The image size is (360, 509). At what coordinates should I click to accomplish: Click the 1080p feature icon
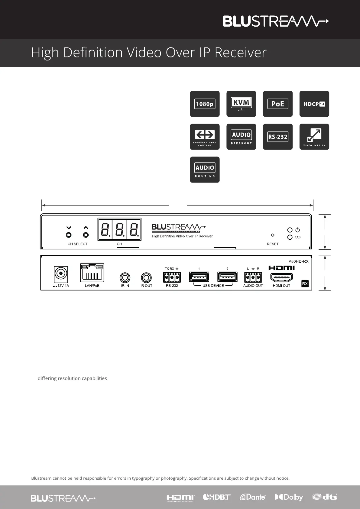205,104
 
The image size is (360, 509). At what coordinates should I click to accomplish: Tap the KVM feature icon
241,104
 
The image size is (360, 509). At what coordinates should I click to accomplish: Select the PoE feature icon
278,104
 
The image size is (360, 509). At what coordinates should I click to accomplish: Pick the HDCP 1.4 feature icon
314,104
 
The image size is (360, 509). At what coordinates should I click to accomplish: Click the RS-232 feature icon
278,137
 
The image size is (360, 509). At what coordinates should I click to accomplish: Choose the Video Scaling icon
314,137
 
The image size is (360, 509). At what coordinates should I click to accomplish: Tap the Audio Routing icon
205,170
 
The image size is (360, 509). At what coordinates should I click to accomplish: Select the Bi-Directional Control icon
205,137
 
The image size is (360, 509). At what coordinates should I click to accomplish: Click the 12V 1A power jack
61,274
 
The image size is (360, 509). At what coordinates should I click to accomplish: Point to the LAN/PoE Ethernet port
92,273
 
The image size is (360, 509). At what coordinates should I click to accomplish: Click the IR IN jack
125,277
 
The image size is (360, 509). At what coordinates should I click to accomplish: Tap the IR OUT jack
146,277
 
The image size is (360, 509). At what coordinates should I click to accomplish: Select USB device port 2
227,277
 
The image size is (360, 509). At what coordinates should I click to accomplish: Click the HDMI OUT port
281,277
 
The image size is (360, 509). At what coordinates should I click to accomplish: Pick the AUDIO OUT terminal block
253,277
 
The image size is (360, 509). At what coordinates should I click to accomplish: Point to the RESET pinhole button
273,235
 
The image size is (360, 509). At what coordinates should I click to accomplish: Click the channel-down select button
69,235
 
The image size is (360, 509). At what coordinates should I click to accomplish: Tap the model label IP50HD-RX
298,261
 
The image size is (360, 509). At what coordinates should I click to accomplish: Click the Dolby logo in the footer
289,497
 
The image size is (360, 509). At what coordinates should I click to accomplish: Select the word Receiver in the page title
241,53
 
